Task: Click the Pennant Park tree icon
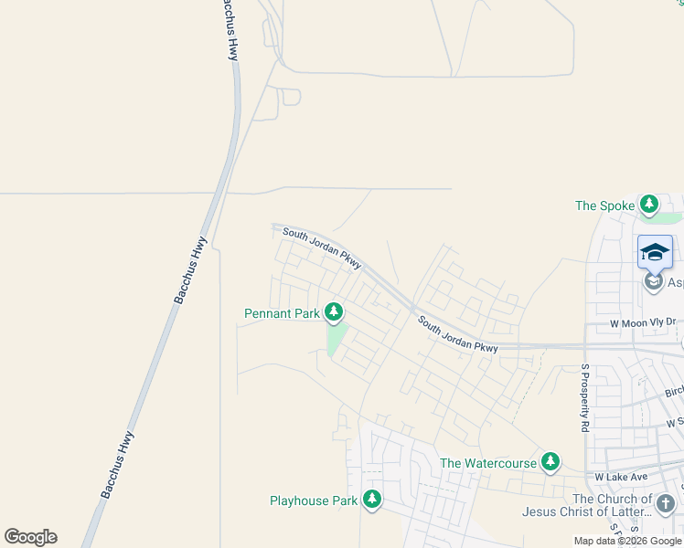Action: pos(334,312)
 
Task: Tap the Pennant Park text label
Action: pos(282,314)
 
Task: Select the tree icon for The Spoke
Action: pos(649,205)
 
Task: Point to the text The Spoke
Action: pos(604,206)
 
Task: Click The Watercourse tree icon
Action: pos(550,462)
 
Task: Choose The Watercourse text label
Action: pos(488,464)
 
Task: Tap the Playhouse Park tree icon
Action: pos(371,499)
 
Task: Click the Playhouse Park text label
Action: pos(313,501)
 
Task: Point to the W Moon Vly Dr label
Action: pos(641,322)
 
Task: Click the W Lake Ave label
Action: pos(621,477)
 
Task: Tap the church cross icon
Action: pos(666,503)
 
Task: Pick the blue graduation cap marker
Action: pos(655,252)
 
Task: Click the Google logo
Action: pos(30,537)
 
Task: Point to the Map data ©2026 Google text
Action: pos(627,541)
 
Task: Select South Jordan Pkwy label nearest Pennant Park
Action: pos(322,248)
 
